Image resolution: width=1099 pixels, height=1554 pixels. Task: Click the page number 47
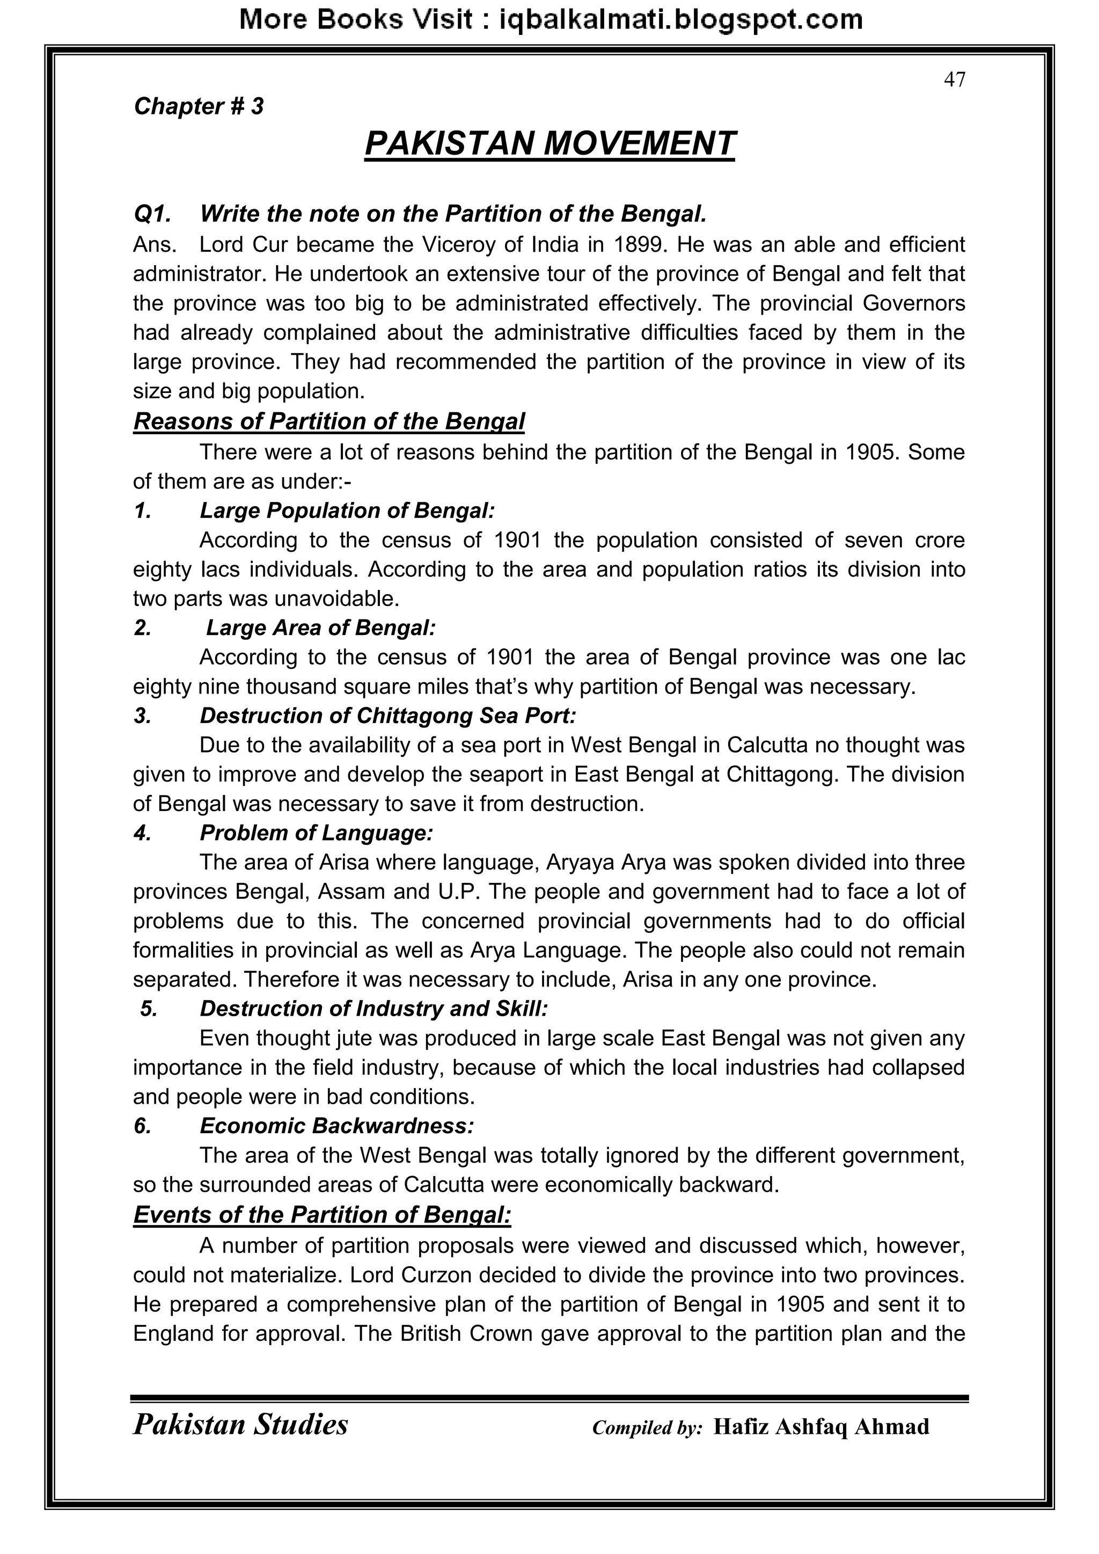[954, 80]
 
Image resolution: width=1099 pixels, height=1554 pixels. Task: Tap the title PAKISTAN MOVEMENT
[549, 143]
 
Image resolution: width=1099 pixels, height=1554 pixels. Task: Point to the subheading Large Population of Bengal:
[347, 510]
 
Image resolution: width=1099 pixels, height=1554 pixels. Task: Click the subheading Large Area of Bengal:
[321, 628]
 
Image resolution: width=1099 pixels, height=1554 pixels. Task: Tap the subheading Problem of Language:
[316, 833]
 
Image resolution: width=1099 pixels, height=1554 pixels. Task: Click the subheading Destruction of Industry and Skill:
[373, 1009]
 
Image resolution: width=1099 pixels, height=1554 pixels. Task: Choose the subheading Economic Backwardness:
[336, 1126]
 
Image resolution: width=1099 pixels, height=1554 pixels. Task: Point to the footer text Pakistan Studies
[240, 1425]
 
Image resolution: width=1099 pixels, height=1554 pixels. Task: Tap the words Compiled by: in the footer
[647, 1428]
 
